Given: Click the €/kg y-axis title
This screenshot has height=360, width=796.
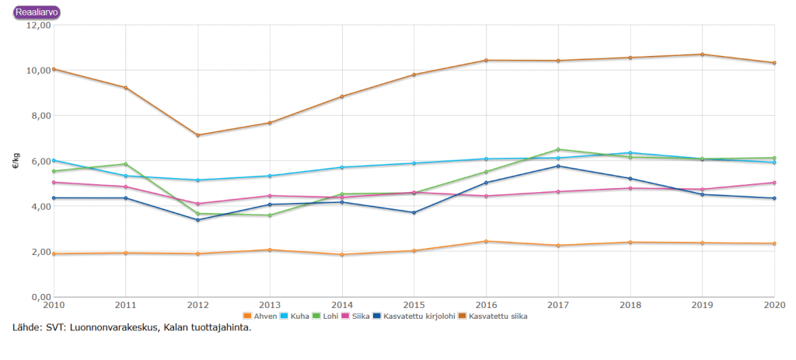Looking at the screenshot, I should pyautogui.click(x=16, y=161).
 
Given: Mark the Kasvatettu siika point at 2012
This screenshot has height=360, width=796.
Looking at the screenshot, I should pyautogui.click(x=198, y=135).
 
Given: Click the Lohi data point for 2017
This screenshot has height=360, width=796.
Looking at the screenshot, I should pyautogui.click(x=558, y=149).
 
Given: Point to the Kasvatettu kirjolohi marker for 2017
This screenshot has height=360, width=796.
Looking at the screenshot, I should pyautogui.click(x=558, y=166).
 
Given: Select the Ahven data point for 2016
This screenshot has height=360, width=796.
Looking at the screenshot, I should pyautogui.click(x=487, y=241).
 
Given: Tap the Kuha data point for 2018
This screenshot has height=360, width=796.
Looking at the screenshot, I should pyautogui.click(x=630, y=152).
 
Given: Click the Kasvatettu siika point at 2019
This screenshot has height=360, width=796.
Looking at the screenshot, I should pyautogui.click(x=703, y=54).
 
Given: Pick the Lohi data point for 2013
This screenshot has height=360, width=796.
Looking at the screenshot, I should pyautogui.click(x=270, y=215).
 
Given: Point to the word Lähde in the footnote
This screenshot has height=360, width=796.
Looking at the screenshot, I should pyautogui.click(x=26, y=327).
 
